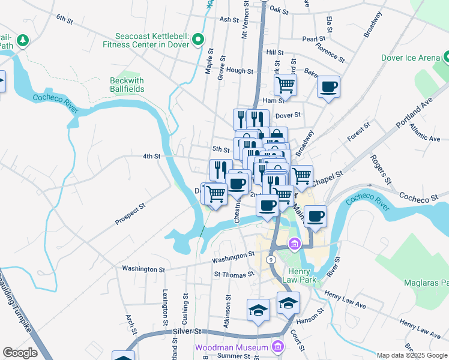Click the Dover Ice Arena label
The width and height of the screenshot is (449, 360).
(x=409, y=58)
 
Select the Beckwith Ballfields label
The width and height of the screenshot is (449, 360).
(x=127, y=85)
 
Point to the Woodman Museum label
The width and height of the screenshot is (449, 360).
(x=231, y=348)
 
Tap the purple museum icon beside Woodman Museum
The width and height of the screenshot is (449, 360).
(x=277, y=347)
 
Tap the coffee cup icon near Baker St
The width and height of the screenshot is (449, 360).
(x=328, y=86)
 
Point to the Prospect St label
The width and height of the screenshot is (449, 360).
(x=130, y=215)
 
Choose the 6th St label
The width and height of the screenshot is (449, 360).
(x=64, y=20)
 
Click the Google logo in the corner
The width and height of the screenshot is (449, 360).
(x=20, y=353)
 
